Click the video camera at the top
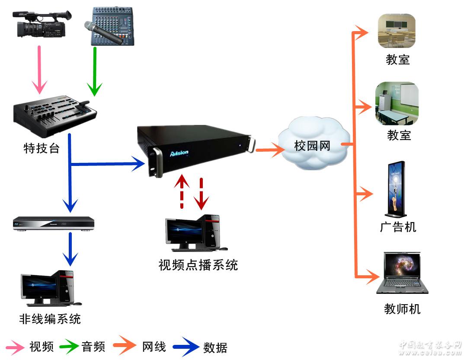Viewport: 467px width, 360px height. [x=42, y=24]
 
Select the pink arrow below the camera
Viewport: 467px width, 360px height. [x=40, y=69]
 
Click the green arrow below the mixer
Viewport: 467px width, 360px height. [x=94, y=71]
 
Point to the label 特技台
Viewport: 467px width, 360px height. [x=42, y=149]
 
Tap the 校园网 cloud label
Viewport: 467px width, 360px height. [x=312, y=146]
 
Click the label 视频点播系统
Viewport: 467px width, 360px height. [x=198, y=265]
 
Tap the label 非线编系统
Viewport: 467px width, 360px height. [x=50, y=319]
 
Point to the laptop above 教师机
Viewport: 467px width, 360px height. [x=401, y=273]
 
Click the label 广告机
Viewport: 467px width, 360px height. [x=398, y=226]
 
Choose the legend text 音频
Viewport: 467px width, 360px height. [x=93, y=347]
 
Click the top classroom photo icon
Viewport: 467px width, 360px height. [x=397, y=31]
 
